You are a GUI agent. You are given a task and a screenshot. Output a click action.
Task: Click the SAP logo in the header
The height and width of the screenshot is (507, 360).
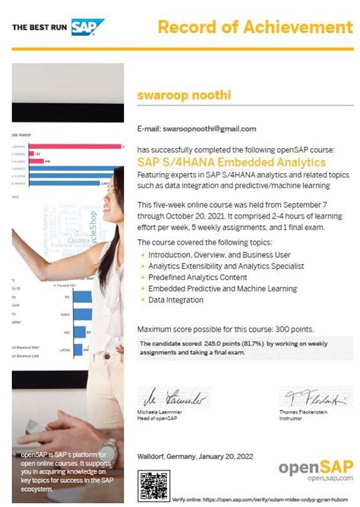click(88, 27)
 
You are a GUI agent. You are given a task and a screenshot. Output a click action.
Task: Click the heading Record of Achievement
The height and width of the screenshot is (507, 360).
click(254, 28)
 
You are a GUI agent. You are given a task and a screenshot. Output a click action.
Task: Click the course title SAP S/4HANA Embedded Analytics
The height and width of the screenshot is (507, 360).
click(232, 162)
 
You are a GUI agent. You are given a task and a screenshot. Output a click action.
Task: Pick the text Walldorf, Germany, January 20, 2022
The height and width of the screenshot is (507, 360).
click(202, 459)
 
